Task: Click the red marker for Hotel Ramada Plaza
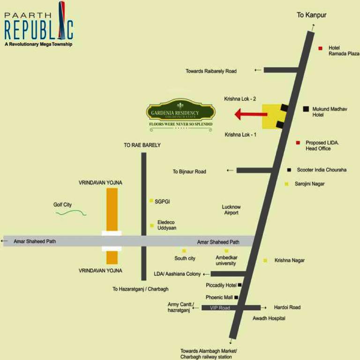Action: (x=321, y=48)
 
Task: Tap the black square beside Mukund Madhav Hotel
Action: (x=306, y=109)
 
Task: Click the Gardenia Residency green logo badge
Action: (x=180, y=112)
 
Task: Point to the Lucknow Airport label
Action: (x=231, y=210)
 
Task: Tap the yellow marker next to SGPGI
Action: (x=151, y=201)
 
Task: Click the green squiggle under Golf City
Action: (x=71, y=213)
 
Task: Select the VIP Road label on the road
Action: (x=220, y=307)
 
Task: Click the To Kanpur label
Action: (x=311, y=15)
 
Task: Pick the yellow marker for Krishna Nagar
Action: (x=265, y=260)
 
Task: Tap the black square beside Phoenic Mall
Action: (x=236, y=297)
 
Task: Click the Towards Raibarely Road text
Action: (x=211, y=71)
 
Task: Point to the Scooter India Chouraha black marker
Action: (x=289, y=170)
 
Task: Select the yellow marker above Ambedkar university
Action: (x=226, y=251)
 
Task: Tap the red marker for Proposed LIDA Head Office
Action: (x=297, y=142)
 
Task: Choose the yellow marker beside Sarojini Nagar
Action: (x=286, y=184)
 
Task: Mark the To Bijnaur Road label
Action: (x=189, y=172)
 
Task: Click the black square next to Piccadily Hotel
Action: (x=240, y=285)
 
